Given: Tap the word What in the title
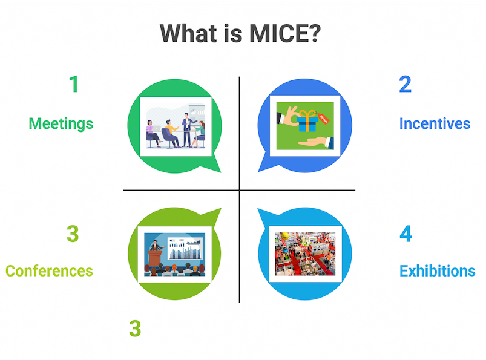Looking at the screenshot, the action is coord(188,33).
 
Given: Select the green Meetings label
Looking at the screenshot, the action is coord(61,124).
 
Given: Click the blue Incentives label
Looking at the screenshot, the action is coord(435,123).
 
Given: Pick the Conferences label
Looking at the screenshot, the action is coord(49,271).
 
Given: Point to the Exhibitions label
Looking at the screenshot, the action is coord(438,271).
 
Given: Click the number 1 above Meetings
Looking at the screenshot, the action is coord(74,84).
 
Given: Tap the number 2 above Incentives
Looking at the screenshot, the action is coord(405,84).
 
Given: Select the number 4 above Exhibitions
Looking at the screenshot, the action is coord(406,234).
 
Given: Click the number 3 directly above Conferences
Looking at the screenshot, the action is coord(73,234).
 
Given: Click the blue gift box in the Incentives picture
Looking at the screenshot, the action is coord(307,122).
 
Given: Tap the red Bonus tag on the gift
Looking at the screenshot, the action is coord(323,119).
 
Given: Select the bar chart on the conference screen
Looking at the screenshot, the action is coord(185,249).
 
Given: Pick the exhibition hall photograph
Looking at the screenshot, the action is coord(305,254).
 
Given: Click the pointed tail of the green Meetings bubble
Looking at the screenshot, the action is coord(220,172).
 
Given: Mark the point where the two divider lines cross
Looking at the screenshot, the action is coord(239,190).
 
